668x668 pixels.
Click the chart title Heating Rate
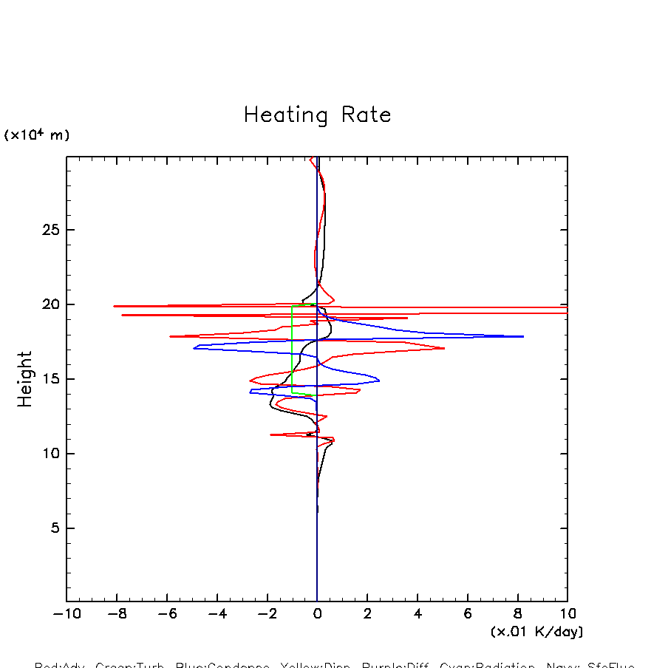[317, 115]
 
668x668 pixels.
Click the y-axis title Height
[25, 379]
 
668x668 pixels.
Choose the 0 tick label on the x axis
[317, 614]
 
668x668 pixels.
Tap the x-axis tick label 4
[417, 614]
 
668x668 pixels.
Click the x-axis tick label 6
[468, 614]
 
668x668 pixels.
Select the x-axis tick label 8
[517, 614]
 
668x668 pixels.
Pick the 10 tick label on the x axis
[567, 614]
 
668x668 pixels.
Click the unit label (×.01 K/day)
[536, 632]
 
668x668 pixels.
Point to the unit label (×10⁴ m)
[37, 135]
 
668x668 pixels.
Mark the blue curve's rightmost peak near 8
[522, 336]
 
